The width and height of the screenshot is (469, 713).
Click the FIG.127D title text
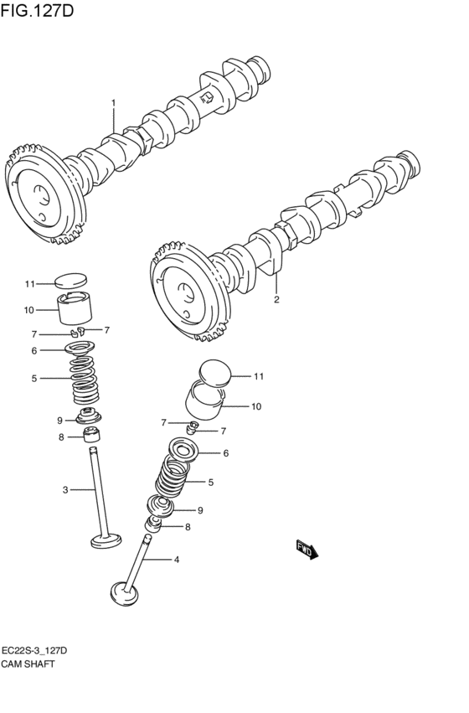click(x=37, y=10)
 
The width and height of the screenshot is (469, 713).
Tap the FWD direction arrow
click(x=307, y=550)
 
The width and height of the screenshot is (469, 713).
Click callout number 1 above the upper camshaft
click(x=114, y=103)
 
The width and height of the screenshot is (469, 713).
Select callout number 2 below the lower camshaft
click(x=276, y=299)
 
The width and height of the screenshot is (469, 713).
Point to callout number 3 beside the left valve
click(x=65, y=490)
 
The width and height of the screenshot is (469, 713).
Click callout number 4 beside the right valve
click(x=177, y=560)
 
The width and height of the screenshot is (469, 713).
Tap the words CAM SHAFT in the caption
click(x=28, y=664)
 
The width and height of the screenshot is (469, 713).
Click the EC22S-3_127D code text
click(x=34, y=651)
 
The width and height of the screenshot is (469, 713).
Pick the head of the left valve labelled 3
click(x=106, y=540)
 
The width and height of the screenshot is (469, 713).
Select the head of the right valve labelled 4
click(x=124, y=594)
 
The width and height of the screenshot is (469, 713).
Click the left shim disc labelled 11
click(x=70, y=281)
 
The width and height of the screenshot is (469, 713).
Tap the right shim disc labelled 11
click(x=215, y=374)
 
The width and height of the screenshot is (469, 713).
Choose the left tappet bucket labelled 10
click(x=75, y=307)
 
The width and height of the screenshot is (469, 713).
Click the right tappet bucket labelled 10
click(x=204, y=400)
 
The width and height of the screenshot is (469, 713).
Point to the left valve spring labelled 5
click(x=85, y=380)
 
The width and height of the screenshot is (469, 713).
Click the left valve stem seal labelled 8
click(x=91, y=436)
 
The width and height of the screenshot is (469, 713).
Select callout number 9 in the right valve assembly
click(x=200, y=510)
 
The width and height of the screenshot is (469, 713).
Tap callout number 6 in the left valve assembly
click(x=34, y=350)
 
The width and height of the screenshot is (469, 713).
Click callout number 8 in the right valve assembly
click(x=188, y=528)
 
